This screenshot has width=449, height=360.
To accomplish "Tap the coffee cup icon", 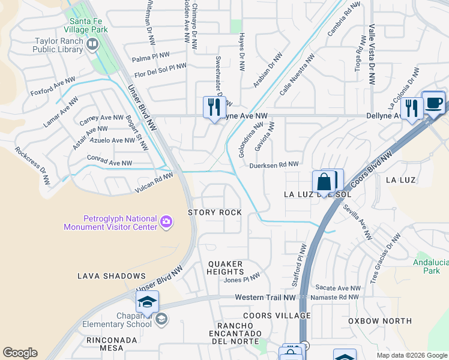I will [433, 102].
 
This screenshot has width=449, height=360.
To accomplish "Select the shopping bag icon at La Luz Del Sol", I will [324, 182].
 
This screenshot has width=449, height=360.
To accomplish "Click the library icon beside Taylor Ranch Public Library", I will [92, 45].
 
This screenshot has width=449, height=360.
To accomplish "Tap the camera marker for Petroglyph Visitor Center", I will [166, 223].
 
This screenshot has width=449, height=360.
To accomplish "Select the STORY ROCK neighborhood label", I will [215, 213].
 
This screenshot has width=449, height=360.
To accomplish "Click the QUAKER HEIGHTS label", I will [225, 268].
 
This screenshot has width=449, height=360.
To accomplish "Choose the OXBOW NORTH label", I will [379, 321].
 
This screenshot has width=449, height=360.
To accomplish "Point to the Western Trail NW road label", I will [265, 298].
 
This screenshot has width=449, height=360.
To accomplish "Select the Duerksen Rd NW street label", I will [274, 164].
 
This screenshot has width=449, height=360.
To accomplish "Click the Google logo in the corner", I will [20, 353].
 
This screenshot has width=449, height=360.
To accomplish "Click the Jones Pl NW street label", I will [242, 279].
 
